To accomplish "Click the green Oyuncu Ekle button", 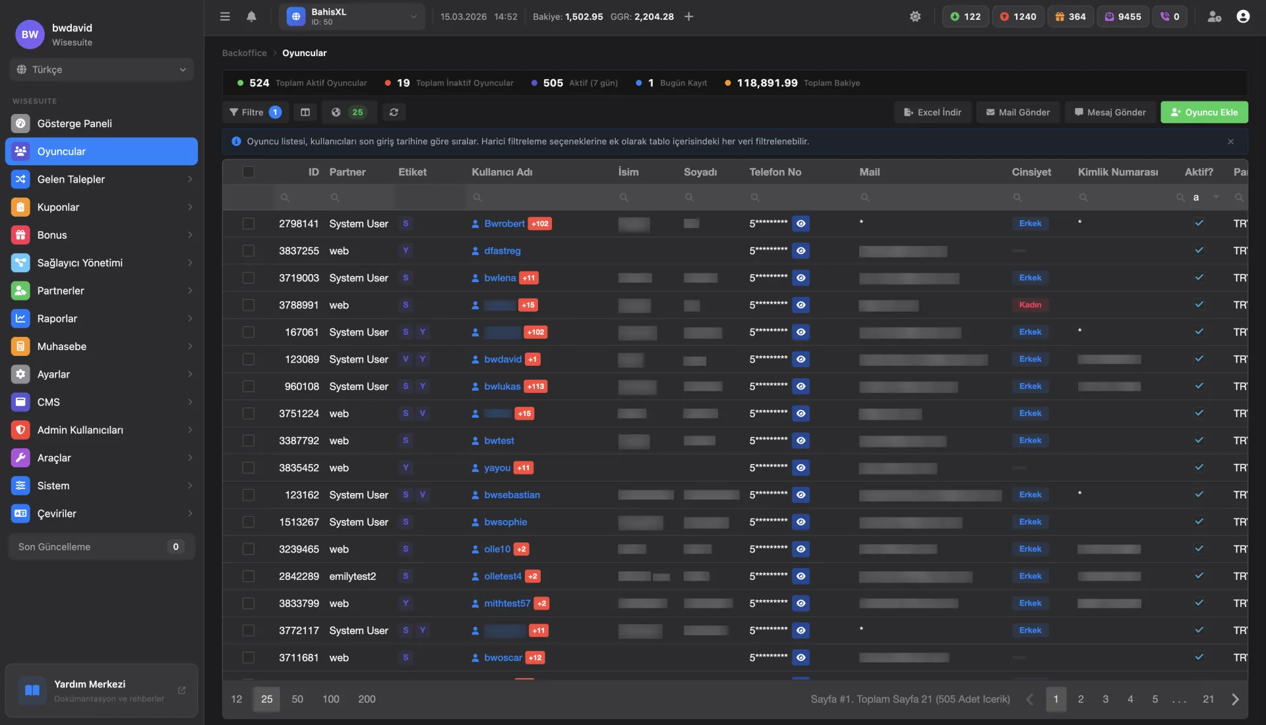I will coord(1204,112).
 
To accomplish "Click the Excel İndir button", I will coord(932,112).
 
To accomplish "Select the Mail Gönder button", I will coord(1017,112).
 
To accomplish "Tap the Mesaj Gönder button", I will coord(1110,112).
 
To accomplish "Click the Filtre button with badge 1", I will coord(255,112).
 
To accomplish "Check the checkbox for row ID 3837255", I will coord(248,250).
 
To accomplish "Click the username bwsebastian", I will coord(512,495).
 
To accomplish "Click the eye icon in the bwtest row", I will coord(800,440).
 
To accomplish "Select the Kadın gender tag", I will coord(1030,304).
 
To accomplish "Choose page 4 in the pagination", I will coord(1130,699).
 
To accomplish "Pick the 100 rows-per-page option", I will coord(330,699).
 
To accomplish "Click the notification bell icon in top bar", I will coord(251,16).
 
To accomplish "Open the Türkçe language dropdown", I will coord(102,69).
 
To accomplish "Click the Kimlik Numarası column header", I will coord(1118,172).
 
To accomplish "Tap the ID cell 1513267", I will coord(299,522).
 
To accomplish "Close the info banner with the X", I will coord(1230,142).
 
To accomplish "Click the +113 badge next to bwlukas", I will coord(535,386).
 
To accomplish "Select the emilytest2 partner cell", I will coord(352,576).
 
